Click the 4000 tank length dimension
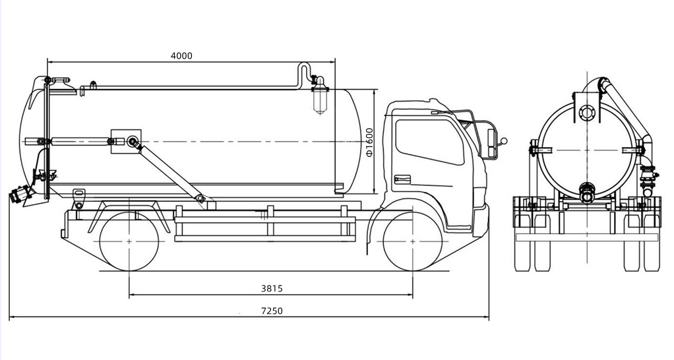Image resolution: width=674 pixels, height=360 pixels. pyautogui.click(x=181, y=56)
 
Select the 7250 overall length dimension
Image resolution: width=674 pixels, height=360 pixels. pyautogui.click(x=271, y=311)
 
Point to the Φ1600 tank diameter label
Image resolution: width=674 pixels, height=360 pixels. pyautogui.click(x=370, y=141)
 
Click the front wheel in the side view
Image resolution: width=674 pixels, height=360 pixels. pyautogui.click(x=413, y=242)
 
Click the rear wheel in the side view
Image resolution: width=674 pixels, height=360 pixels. pyautogui.click(x=129, y=242)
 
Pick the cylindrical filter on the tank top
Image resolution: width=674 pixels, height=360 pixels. pyautogui.click(x=320, y=96)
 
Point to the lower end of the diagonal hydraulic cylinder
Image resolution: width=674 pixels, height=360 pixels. pyautogui.click(x=200, y=198)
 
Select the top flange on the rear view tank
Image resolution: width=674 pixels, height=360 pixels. pyautogui.click(x=586, y=112)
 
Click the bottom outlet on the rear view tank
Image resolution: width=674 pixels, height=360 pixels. pyautogui.click(x=586, y=192)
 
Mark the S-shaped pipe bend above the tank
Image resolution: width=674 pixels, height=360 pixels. pyautogui.click(x=304, y=71)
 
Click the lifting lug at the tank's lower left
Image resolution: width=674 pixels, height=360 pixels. pyautogui.click(x=80, y=196)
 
